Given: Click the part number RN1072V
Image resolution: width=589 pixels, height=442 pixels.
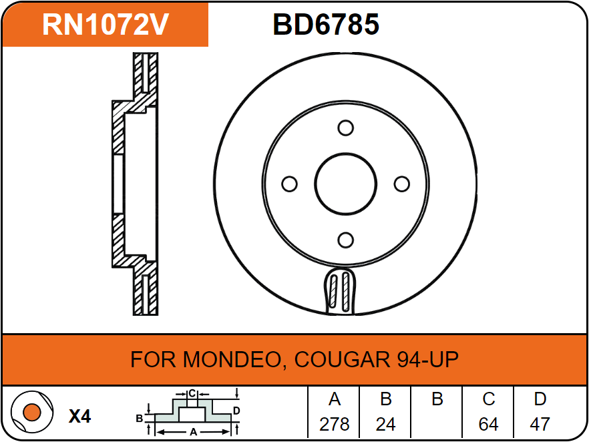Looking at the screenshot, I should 105,25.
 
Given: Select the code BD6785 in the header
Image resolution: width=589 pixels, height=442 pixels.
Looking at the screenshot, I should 326,25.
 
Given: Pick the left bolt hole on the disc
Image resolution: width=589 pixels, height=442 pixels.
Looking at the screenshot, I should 289,184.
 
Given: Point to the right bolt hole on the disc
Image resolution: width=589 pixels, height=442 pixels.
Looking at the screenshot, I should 401,184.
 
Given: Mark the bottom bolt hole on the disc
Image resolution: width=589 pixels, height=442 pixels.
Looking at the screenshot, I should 345,240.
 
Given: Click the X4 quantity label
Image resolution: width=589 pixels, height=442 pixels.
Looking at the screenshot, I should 79,417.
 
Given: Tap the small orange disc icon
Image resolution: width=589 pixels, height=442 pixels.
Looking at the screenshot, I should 31,412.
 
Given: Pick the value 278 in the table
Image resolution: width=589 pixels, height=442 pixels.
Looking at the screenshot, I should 335,425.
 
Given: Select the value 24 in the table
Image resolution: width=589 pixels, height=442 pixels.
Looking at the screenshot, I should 385,425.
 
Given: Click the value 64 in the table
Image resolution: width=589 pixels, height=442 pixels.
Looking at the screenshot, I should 488,425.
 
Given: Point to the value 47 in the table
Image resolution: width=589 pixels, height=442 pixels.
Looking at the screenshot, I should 540,425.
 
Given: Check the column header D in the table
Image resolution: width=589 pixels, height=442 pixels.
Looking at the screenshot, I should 540,400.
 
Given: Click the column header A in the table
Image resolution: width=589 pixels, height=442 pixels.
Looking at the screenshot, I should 335,400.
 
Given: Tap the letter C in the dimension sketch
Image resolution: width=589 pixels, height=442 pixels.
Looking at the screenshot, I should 192,393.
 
